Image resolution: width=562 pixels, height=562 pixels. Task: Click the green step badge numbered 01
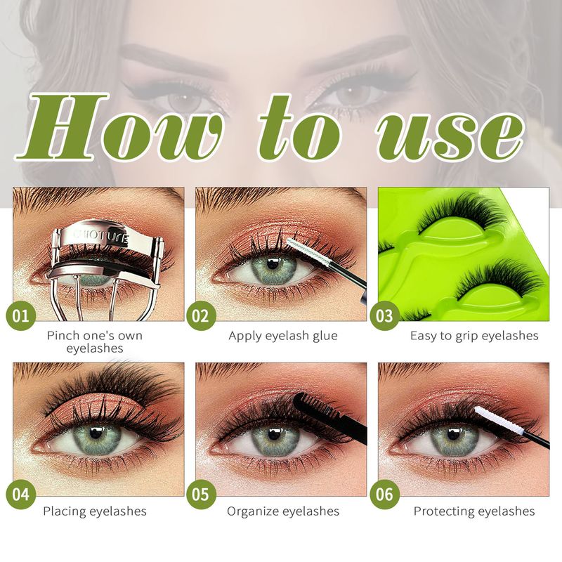[21, 315]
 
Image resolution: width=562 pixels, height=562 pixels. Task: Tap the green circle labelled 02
[201, 315]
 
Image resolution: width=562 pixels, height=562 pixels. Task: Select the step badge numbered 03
[384, 315]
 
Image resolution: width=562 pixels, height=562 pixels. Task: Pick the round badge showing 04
[21, 495]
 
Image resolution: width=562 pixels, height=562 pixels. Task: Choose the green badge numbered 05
[201, 495]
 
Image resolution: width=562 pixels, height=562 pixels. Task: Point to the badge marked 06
[384, 495]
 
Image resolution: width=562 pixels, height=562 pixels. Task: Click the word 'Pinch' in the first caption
[63, 336]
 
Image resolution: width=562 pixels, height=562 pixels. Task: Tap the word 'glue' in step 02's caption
[325, 336]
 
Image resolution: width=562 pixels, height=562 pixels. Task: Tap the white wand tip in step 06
[499, 420]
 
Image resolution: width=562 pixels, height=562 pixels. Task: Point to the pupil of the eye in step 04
[96, 433]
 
